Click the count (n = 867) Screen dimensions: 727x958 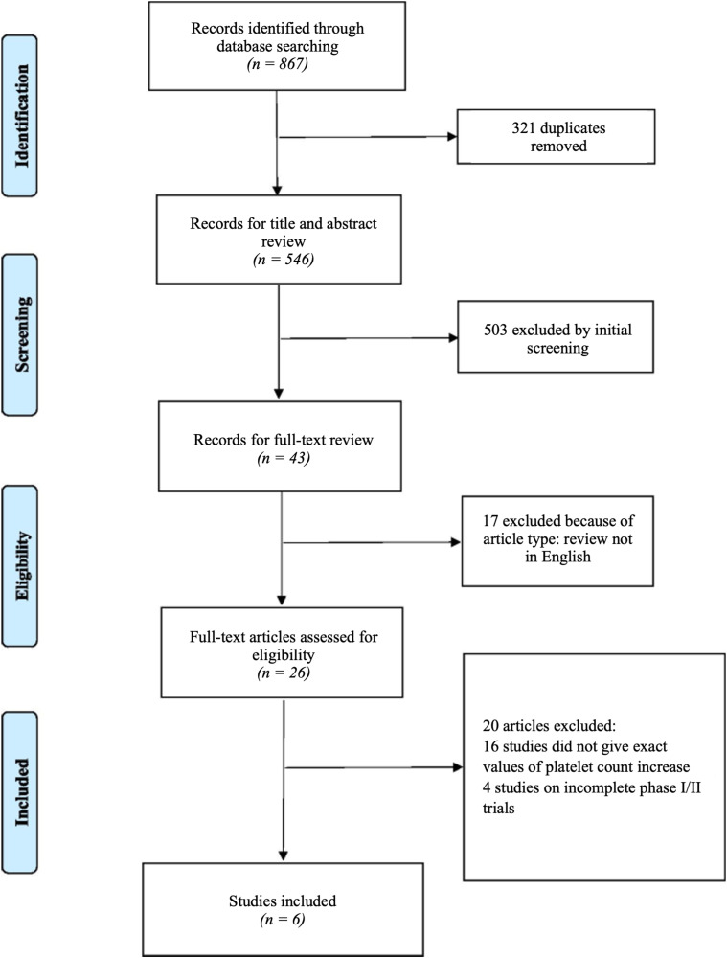[278, 63]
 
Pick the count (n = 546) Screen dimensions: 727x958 [284, 259]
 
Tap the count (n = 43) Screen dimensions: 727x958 [284, 458]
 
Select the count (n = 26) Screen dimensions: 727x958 [284, 673]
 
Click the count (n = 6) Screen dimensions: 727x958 [283, 919]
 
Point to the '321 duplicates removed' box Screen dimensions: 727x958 [556, 137]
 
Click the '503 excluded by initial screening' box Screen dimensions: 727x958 [556, 336]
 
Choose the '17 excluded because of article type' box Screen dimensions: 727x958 [557, 541]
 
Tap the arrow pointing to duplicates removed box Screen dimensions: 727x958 [368, 137]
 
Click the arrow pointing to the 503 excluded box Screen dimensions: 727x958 [369, 338]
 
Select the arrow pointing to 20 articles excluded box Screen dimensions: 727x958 [375, 766]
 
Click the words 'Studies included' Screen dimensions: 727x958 [283, 901]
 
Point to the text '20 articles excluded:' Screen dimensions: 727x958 [549, 726]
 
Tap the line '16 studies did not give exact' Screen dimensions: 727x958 [575, 746]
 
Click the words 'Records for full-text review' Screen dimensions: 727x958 [284, 440]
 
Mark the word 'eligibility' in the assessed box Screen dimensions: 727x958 [284, 655]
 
